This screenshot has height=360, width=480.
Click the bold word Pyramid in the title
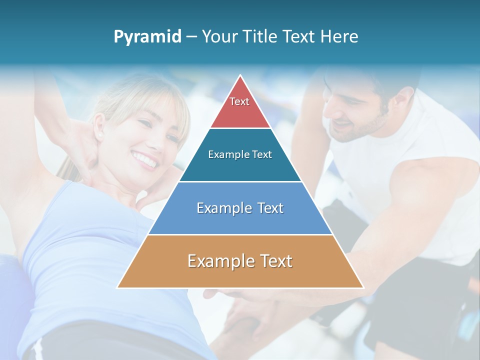coord(147,37)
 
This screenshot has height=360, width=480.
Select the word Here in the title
coord(339,36)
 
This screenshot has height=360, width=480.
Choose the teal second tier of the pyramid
coord(240,165)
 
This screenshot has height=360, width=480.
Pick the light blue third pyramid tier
coord(240,220)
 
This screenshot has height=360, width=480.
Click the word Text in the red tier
coord(239,101)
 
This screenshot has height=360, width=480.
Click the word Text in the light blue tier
coord(267,208)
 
